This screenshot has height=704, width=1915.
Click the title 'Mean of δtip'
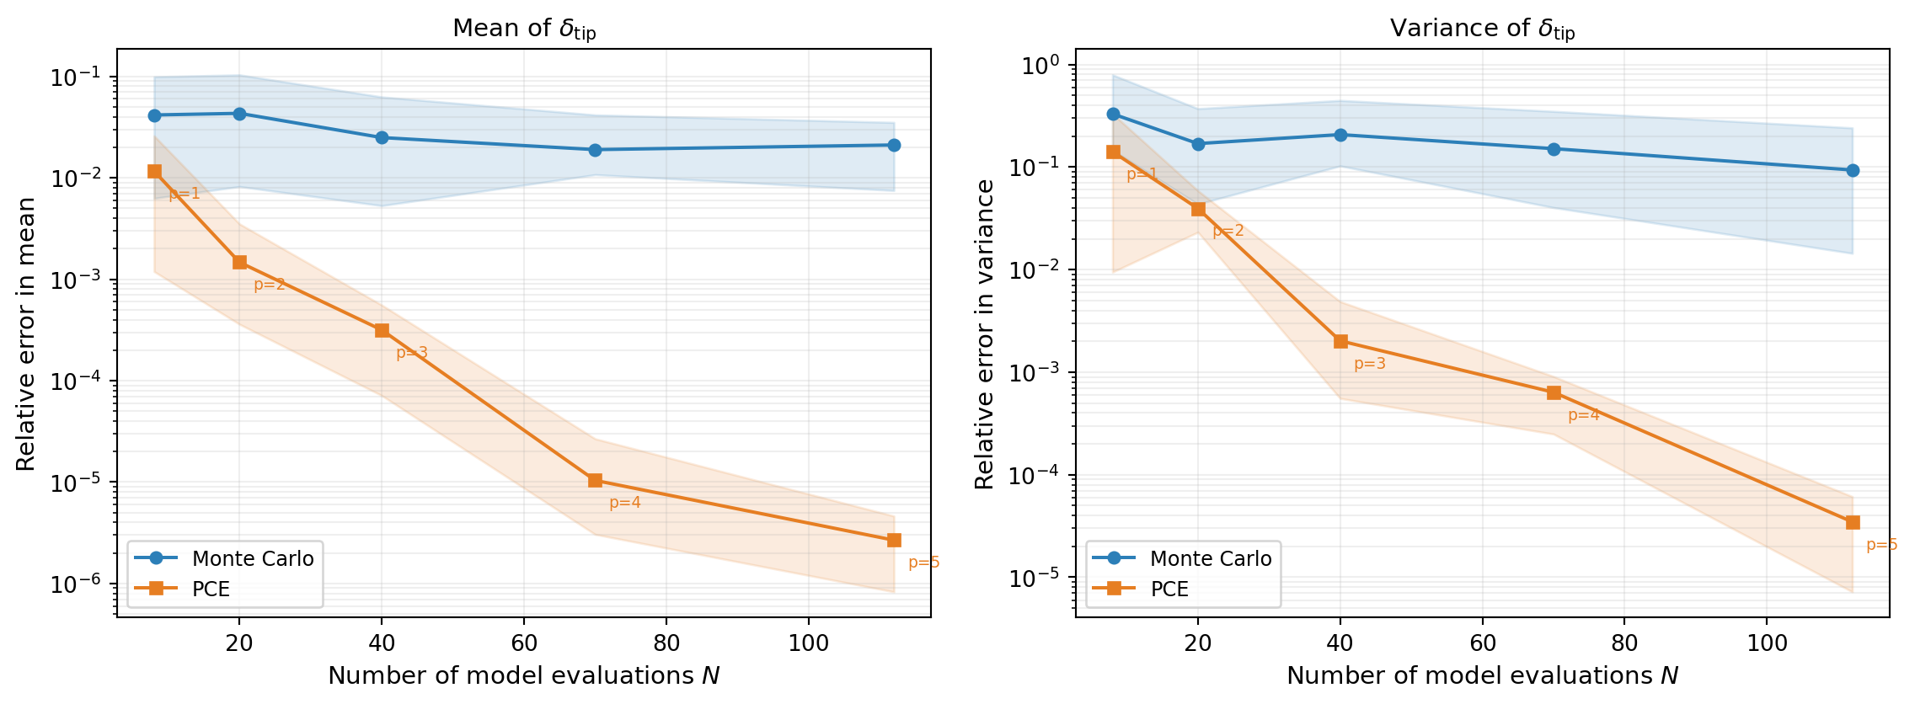tap(523, 29)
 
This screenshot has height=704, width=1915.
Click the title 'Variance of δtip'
tap(1482, 29)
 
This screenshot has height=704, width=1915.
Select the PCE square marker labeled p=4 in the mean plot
tap(595, 480)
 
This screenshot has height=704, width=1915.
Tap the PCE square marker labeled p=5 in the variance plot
tap(1853, 523)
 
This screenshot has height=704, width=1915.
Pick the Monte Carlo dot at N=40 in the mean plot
tap(382, 137)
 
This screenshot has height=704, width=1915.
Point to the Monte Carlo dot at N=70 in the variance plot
tap(1554, 149)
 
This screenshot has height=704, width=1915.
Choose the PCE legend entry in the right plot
tap(1169, 589)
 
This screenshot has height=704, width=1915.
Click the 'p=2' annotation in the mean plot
tap(270, 285)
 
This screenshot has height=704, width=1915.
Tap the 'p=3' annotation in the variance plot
tap(1370, 364)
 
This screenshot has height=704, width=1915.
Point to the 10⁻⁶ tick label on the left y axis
tap(76, 584)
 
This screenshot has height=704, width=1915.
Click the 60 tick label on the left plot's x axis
tap(524, 643)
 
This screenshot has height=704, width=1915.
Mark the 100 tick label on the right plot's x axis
tap(1767, 643)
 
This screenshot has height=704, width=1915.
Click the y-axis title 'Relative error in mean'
tap(26, 333)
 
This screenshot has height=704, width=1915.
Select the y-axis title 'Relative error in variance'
tap(984, 333)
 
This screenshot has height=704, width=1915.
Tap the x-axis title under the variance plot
tap(1482, 675)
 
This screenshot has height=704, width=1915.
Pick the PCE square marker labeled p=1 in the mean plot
tap(154, 171)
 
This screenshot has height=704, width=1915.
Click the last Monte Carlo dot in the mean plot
tap(894, 145)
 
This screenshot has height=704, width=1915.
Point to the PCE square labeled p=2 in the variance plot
tap(1198, 209)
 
